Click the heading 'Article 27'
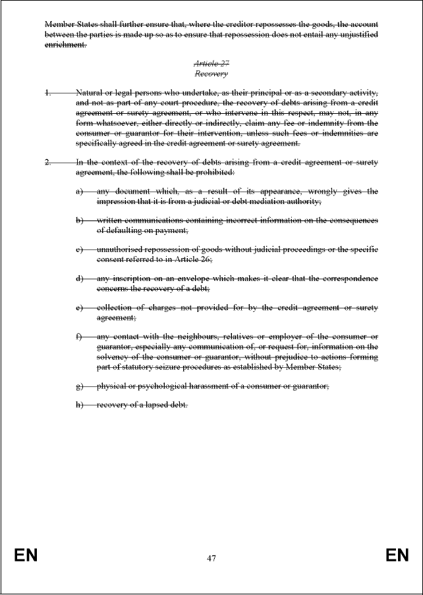[x=211, y=64]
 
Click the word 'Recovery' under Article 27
[x=211, y=74]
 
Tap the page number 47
[x=211, y=558]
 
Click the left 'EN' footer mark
[x=26, y=556]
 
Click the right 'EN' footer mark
[x=397, y=556]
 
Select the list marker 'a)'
[x=80, y=192]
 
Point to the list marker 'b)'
[x=80, y=220]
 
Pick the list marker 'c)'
[x=80, y=250]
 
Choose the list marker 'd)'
[x=80, y=278]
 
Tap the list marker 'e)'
[x=80, y=307]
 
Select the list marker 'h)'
[x=80, y=404]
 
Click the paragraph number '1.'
[x=48, y=93]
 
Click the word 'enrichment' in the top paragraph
[x=65, y=44]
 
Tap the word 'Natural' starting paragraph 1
[x=91, y=93]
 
